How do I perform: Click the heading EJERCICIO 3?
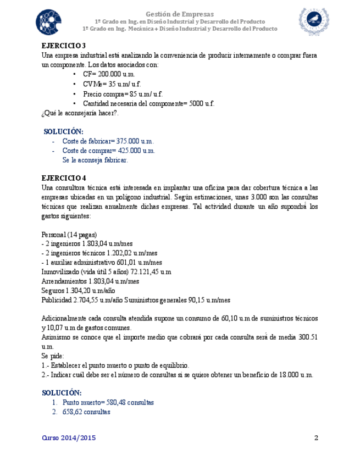coord(64,46)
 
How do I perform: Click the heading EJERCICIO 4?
coord(64,177)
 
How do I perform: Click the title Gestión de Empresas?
coord(180,13)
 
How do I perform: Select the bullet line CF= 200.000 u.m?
coord(109,74)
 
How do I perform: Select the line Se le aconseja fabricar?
coord(95,160)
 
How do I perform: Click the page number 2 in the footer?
coord(316,438)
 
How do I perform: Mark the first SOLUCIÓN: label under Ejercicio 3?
coord(64,131)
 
